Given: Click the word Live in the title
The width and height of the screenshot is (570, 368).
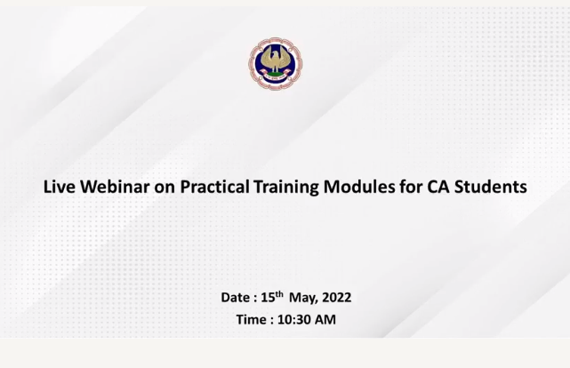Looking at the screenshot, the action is point(60,187).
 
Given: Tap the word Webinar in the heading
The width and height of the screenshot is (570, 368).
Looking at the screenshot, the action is point(115,187).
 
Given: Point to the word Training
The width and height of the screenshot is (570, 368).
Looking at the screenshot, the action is point(286,188).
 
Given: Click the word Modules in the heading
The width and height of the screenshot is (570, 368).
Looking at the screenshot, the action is point(359,187).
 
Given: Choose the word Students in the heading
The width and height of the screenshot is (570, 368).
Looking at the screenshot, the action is point(491,187).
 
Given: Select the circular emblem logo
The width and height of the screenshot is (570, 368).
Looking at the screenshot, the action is point(276,64).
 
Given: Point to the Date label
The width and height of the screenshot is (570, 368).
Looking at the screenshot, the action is point(235,298).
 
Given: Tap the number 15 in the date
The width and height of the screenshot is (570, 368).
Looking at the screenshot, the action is point(268,298).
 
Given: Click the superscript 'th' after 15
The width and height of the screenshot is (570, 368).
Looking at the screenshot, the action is point(279,294).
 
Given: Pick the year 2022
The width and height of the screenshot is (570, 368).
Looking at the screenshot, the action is point(337,298).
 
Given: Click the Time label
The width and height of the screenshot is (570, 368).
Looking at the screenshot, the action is point(251,320).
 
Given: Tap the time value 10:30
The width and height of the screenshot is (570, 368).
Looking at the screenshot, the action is point(294,320).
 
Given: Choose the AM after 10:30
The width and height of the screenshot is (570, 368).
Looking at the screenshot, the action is point(325,320).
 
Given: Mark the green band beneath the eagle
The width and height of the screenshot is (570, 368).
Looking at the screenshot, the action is point(276,75).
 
